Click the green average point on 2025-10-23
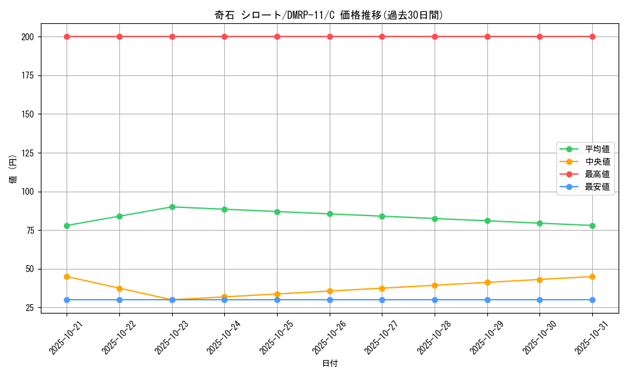pos(172,207)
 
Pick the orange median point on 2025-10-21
pos(67,276)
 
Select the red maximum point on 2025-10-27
pos(382,36)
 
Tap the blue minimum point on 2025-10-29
pos(487,300)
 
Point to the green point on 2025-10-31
pos(592,226)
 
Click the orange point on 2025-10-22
pos(119,288)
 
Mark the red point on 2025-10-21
pos(67,36)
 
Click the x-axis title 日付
pos(330,364)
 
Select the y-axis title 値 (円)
pos(13,170)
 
